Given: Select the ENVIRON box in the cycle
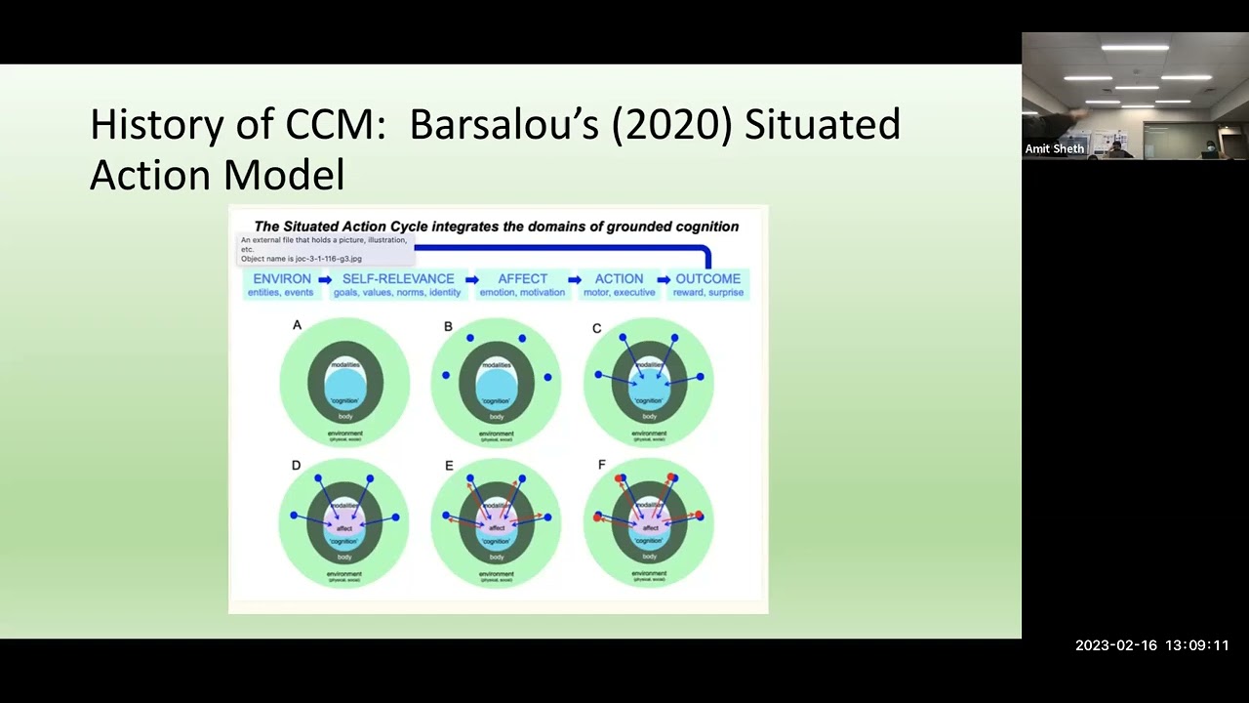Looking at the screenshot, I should (282, 284).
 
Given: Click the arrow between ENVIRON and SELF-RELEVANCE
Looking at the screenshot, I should (325, 280).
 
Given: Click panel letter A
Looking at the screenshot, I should (297, 325).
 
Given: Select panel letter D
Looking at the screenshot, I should (296, 466).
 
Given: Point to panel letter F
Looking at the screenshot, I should (601, 466).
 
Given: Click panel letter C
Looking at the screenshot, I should (596, 328).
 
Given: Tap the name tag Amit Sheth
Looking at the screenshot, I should (1054, 149).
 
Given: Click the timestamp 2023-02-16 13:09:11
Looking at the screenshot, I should (1151, 645).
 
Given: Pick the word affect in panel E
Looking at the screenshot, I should (497, 528).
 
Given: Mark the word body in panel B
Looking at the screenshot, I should (497, 417).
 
